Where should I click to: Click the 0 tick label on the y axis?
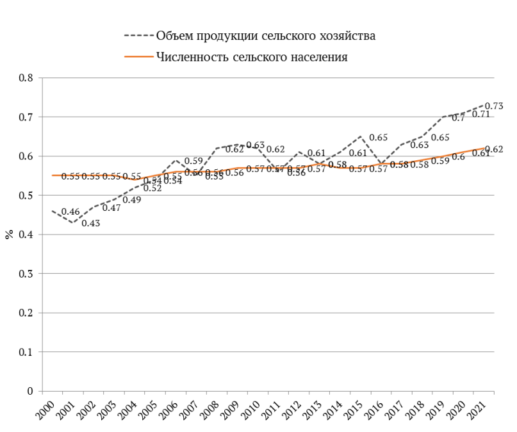[x=29, y=391]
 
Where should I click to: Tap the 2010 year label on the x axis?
[x=253, y=410]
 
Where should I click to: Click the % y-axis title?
[x=9, y=235]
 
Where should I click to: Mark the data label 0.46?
[x=70, y=212]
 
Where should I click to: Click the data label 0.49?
[x=131, y=200]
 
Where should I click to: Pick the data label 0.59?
[x=193, y=161]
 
